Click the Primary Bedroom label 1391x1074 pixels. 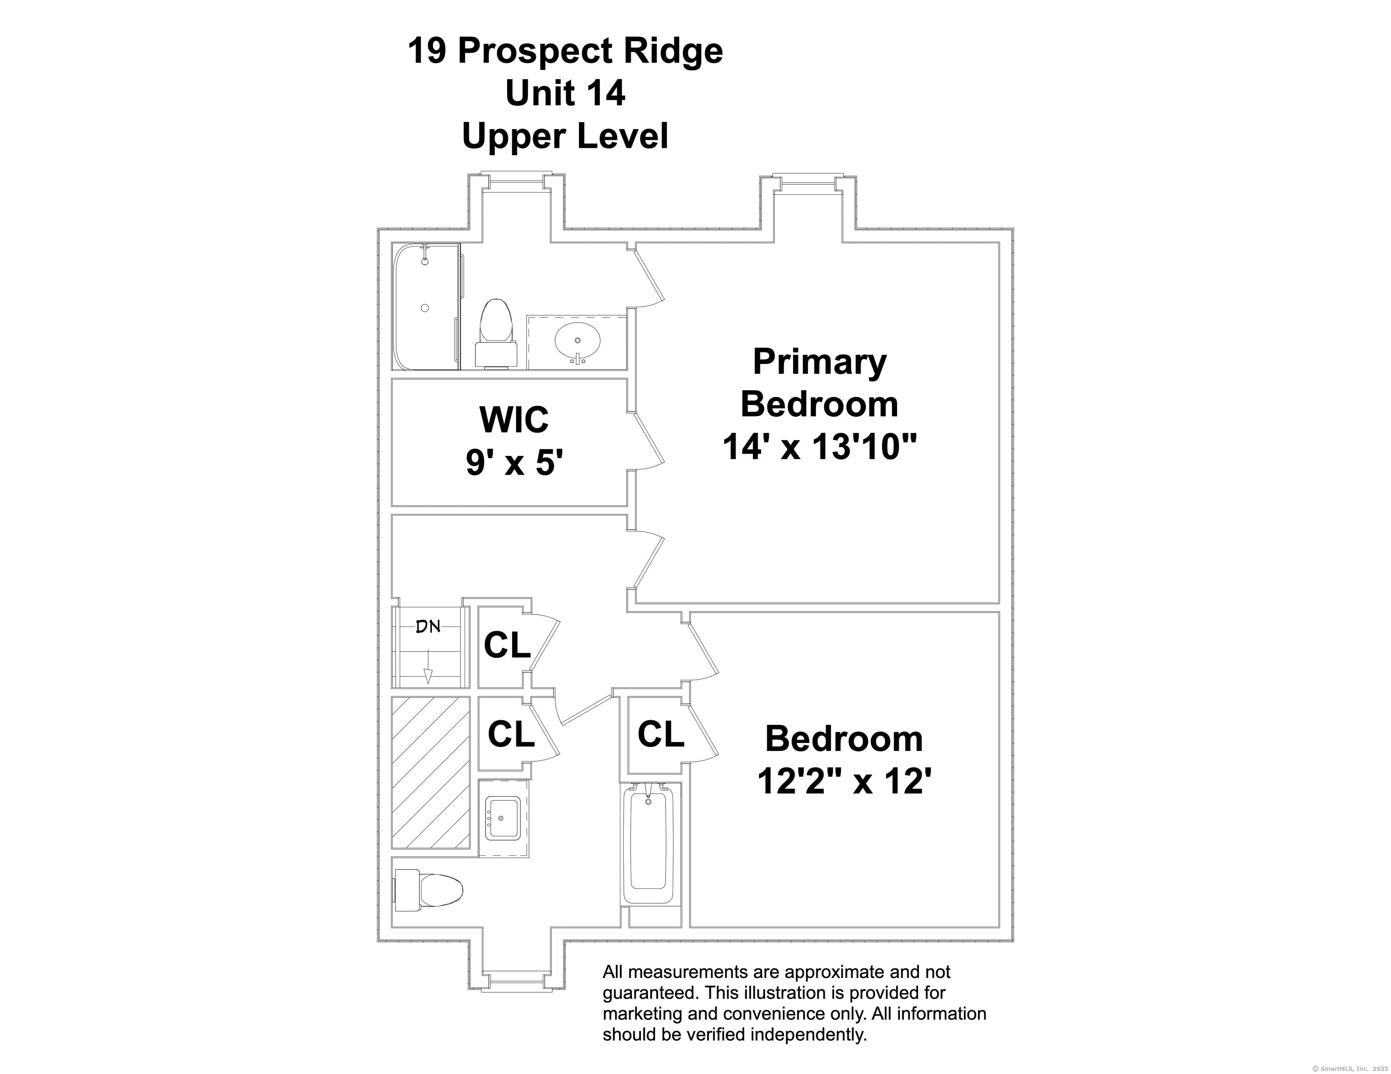coord(819,383)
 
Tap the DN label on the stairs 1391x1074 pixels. coord(428,627)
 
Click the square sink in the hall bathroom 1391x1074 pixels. coord(502,818)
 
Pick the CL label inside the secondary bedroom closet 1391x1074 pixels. coord(661,735)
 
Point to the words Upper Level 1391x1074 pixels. coord(565,136)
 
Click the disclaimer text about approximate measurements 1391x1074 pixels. coord(793,1003)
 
